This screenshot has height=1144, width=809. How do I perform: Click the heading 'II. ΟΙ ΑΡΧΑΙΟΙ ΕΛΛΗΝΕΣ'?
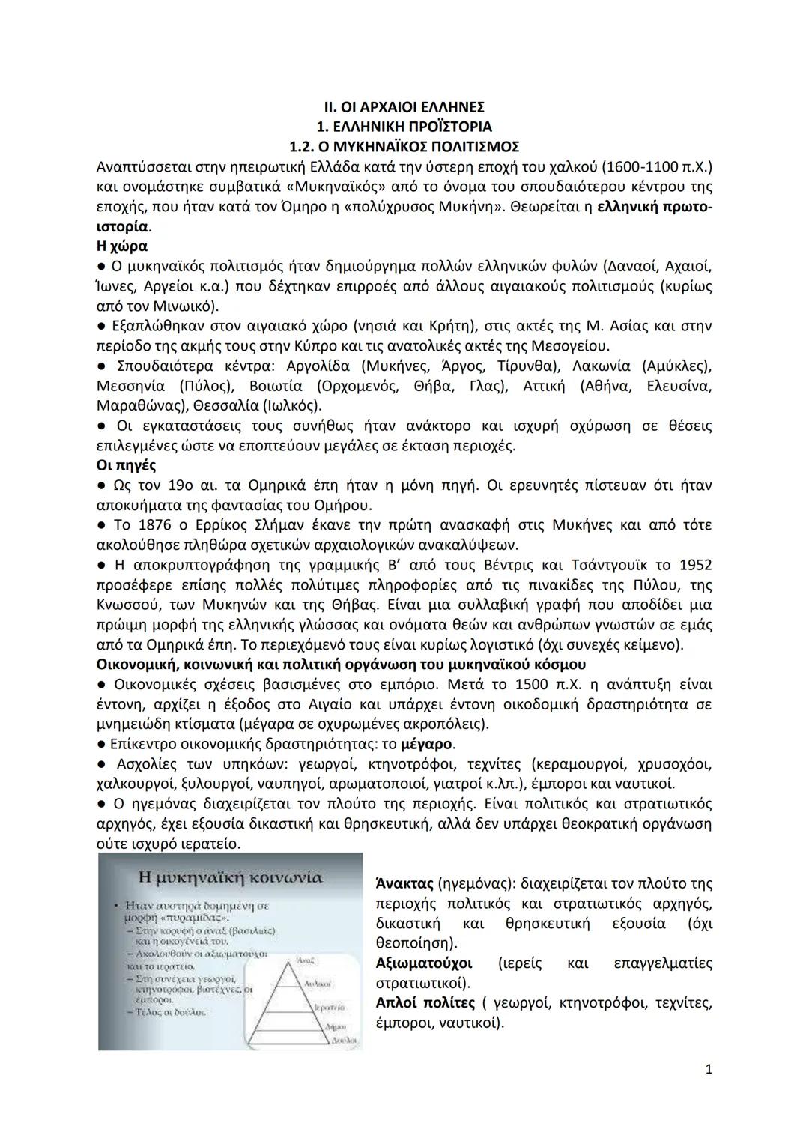404,106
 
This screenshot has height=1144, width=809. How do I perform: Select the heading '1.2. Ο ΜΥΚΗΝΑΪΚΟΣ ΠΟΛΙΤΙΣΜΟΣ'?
404,146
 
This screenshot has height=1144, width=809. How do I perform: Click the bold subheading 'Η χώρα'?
122,246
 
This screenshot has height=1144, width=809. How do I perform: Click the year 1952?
695,565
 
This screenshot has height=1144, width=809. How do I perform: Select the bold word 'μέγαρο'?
427,744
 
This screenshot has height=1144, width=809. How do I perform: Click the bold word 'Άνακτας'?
403,883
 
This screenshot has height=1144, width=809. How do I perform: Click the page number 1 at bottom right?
708,1069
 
